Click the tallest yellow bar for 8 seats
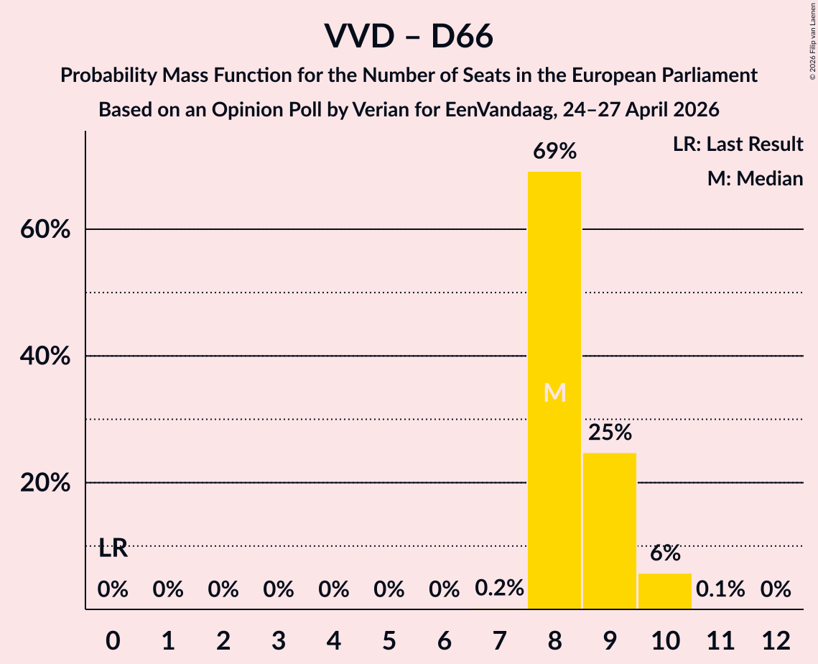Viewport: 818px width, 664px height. pos(554,390)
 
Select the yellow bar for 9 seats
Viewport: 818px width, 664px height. pos(609,531)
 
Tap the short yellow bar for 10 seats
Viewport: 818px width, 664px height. pos(664,591)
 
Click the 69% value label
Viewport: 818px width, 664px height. pos(554,152)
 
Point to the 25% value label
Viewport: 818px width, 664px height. pos(610,432)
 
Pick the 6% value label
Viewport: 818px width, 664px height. pos(665,553)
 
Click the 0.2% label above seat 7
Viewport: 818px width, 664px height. pos(499,589)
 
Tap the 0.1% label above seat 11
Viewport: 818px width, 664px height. pos(720,589)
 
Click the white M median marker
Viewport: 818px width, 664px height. pos(554,392)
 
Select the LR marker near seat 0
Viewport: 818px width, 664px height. pos(113,548)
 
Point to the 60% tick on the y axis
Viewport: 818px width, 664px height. pos(45,229)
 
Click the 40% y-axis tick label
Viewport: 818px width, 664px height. pos(45,356)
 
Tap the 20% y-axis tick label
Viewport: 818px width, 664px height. pos(45,483)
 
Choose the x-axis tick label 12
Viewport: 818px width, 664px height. pos(776,640)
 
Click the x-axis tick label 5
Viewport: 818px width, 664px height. pos(389,640)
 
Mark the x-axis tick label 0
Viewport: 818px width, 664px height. pos(113,640)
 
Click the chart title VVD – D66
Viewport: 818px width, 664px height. pos(409,36)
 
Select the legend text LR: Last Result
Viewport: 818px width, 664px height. pos(738,144)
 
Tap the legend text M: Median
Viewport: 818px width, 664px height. pos(755,178)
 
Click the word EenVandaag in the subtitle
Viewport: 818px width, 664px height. pos(499,110)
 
